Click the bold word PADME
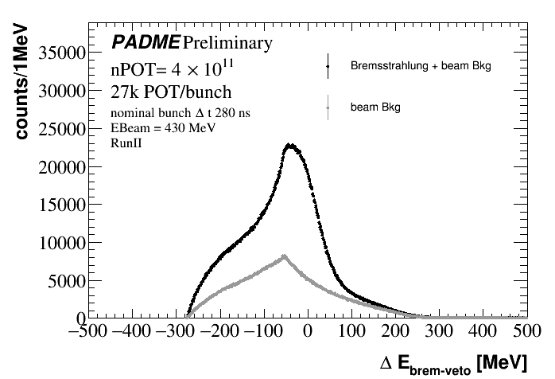point(146,42)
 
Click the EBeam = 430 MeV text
point(157,127)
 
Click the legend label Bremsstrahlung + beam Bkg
point(420,67)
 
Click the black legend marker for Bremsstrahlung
point(327,66)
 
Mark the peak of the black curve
point(291,145)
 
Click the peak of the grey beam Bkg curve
point(285,256)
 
